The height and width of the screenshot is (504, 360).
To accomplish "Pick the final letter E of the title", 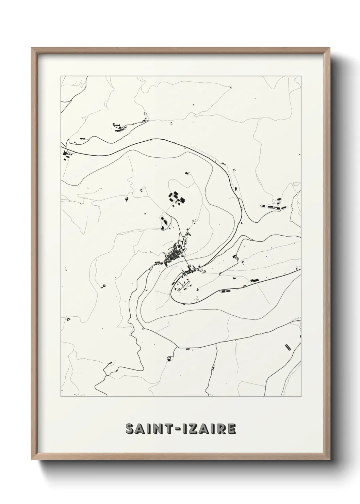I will pyautogui.click(x=231, y=429).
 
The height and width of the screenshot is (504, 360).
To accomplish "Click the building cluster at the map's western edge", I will pyautogui.click(x=65, y=155).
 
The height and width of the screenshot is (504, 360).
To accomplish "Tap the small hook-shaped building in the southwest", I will pyautogui.click(x=68, y=319).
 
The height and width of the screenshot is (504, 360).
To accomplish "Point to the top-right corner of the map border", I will pyautogui.click(x=301, y=76).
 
